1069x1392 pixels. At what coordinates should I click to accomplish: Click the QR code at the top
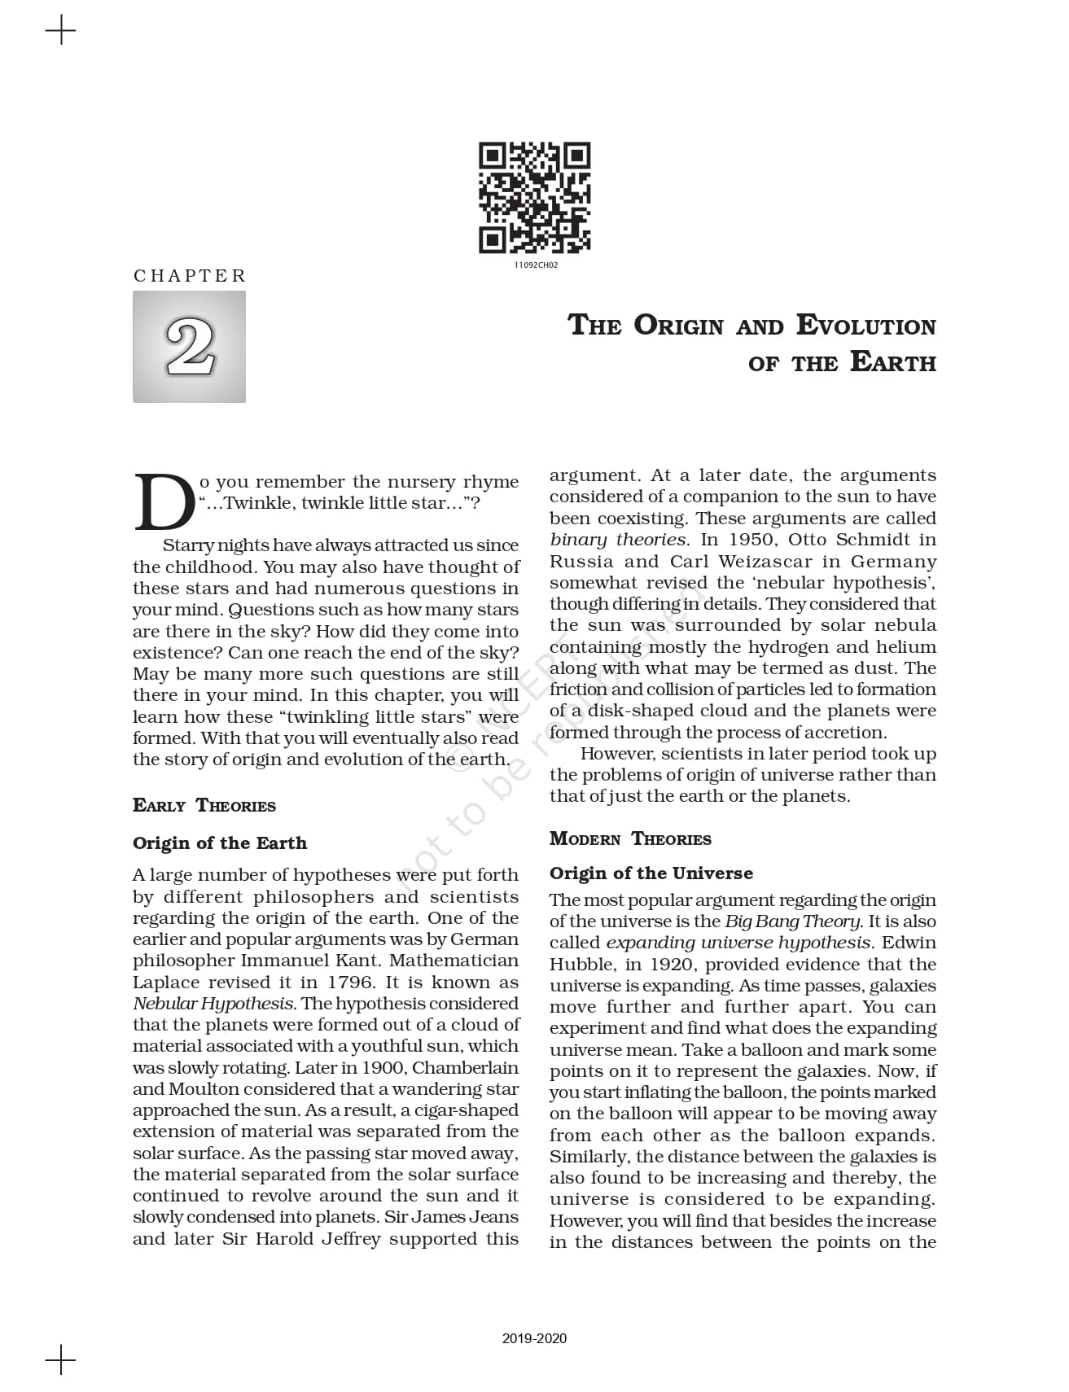click(534, 198)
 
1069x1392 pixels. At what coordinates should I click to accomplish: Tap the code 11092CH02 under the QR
click(536, 265)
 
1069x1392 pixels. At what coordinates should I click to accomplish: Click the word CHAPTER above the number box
click(190, 276)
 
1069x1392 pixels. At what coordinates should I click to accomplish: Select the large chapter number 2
click(190, 348)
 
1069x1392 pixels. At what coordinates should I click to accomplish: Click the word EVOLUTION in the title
click(865, 325)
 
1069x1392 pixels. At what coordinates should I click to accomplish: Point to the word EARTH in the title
click(892, 362)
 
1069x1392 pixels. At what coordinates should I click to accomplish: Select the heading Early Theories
click(204, 806)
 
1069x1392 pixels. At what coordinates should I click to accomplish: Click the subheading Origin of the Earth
click(220, 843)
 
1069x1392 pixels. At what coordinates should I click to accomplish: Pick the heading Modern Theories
click(630, 839)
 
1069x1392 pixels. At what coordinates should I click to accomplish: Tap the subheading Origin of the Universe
click(651, 873)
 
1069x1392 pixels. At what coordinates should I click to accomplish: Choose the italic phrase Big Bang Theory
click(792, 921)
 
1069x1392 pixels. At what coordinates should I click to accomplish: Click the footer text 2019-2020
click(534, 1338)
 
